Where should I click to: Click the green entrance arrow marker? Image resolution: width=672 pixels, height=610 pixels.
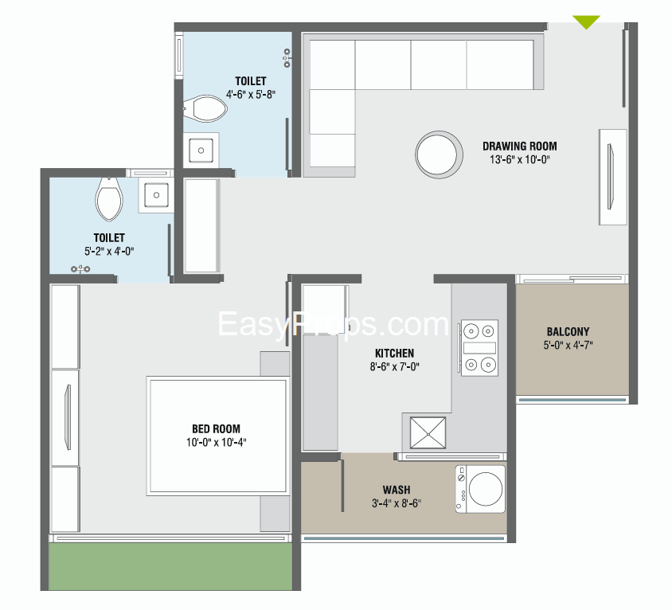(586, 22)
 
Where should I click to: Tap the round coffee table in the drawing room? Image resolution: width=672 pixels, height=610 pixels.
(439, 154)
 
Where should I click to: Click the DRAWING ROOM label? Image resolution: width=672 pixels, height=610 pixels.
(519, 147)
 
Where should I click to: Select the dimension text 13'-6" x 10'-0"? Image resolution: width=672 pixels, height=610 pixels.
(519, 159)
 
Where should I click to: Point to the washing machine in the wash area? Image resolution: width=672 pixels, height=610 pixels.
(480, 489)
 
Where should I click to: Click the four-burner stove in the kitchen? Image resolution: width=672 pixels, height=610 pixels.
(479, 348)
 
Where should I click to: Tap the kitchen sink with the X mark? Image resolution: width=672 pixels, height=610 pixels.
(428, 432)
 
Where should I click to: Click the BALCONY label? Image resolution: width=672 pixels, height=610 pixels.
(568, 331)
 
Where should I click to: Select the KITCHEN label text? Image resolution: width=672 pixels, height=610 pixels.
(394, 354)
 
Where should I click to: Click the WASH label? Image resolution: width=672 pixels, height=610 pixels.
(397, 490)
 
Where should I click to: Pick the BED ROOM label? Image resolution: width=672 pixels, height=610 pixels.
(216, 428)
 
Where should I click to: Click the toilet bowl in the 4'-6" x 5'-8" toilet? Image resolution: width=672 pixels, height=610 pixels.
(205, 108)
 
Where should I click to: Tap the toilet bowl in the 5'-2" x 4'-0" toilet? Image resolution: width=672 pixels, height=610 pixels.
(109, 199)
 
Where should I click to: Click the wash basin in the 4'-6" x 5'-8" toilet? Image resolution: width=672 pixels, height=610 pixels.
(201, 150)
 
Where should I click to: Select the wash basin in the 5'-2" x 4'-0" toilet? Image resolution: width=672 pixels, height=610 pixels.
(156, 195)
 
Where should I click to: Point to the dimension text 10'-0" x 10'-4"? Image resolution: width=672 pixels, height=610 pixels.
(216, 442)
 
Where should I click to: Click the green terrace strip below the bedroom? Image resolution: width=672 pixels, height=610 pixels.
(170, 566)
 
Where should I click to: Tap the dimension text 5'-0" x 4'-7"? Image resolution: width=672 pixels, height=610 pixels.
(568, 345)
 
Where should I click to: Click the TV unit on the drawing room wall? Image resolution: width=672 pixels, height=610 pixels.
(613, 177)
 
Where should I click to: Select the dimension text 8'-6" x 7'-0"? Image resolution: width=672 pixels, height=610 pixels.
(394, 366)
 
